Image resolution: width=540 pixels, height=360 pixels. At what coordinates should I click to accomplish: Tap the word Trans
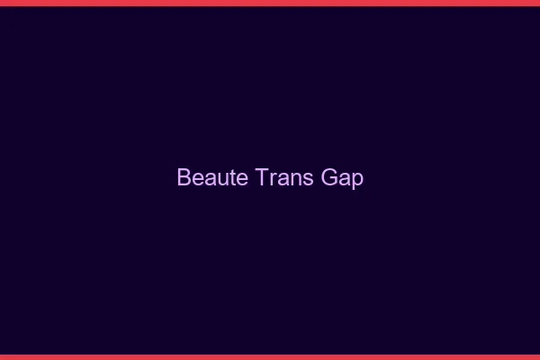(284, 177)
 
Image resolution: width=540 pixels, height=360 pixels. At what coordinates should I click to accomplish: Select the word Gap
(342, 177)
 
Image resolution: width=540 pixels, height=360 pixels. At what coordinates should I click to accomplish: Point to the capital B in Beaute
(184, 177)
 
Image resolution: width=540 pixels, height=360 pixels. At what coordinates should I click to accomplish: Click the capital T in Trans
(262, 177)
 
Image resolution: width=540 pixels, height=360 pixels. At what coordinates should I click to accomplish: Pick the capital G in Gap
(328, 177)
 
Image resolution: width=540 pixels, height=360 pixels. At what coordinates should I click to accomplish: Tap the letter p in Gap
(357, 180)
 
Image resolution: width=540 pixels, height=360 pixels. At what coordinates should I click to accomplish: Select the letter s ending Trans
(308, 179)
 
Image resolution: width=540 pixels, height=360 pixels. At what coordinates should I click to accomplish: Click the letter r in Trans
(272, 179)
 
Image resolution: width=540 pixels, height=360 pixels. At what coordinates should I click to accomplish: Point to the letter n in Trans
(296, 179)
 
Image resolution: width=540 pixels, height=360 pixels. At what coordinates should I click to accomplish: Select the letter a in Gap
(345, 179)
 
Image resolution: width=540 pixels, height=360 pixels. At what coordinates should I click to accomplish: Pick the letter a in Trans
(283, 179)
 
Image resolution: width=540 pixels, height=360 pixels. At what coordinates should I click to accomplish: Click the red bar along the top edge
(270, 3)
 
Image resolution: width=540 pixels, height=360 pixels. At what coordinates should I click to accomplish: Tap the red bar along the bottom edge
(270, 356)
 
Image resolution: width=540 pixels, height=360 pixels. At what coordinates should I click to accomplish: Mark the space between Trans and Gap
(317, 177)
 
